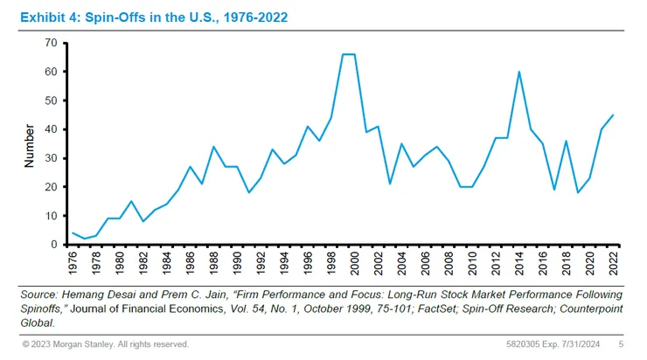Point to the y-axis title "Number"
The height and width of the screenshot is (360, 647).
pos(30,143)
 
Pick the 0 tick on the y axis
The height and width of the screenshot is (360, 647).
pos(53,245)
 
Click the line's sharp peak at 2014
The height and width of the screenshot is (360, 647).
pos(519,72)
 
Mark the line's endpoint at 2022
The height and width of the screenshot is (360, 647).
pos(614,115)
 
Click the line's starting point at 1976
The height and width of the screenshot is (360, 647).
pos(73,233)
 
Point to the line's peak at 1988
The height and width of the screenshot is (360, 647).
pos(213,147)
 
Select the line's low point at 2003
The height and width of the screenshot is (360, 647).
pos(389,183)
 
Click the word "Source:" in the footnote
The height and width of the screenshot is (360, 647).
pos(40,295)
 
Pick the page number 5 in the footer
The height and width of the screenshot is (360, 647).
pos(621,344)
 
